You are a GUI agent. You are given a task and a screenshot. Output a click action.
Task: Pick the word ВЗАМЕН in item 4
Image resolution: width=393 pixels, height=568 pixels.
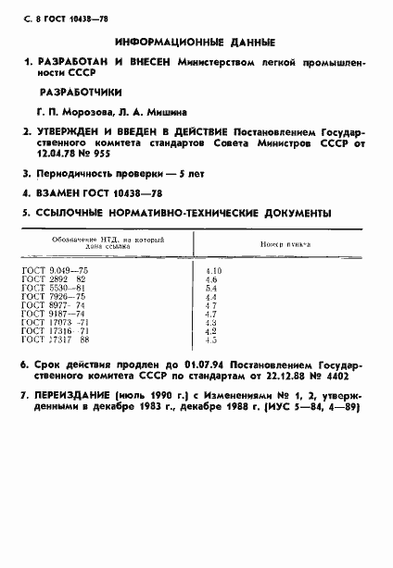pos(60,192)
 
